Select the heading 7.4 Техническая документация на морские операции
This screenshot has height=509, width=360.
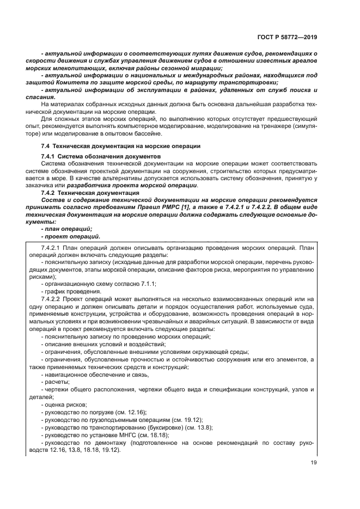click(121, 146)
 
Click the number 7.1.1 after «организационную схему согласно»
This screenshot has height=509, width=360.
click(147, 283)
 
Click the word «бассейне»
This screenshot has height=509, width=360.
click(145, 133)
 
